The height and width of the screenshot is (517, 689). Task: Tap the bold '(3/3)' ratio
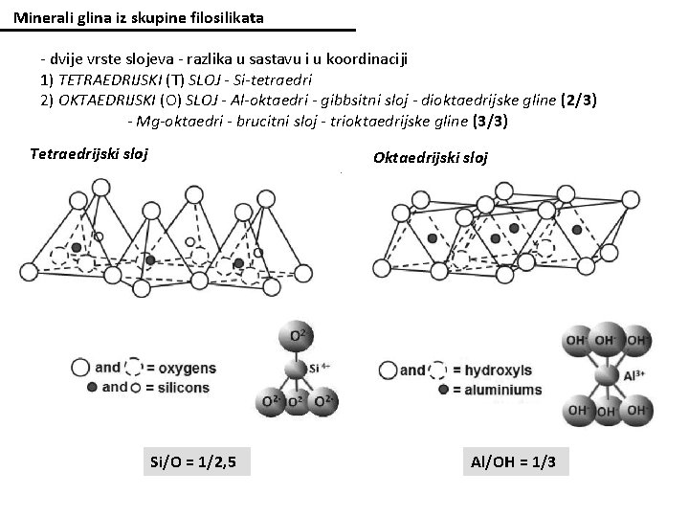(x=490, y=122)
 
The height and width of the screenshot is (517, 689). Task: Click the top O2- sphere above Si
(x=293, y=338)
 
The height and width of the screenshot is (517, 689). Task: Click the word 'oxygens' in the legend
(x=195, y=367)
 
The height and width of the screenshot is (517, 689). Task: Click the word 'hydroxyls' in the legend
(x=499, y=371)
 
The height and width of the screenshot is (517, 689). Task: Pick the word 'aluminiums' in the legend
(x=505, y=391)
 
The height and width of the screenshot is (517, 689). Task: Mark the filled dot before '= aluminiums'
(x=442, y=391)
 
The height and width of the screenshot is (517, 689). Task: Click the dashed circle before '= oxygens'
(x=136, y=367)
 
